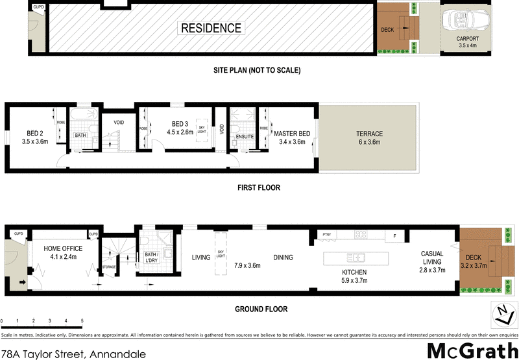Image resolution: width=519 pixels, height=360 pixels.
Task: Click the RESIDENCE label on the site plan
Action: [x=211, y=28]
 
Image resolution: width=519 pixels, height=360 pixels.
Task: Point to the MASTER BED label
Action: [x=291, y=138]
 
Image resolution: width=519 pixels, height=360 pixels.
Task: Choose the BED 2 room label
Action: [x=35, y=138]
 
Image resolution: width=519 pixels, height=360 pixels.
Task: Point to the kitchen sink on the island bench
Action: [x=356, y=257]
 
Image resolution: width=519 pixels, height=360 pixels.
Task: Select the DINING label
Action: [x=283, y=258]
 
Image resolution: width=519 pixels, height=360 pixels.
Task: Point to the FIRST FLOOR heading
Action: [x=259, y=188]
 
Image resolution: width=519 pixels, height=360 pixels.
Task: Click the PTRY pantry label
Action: [x=326, y=234]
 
